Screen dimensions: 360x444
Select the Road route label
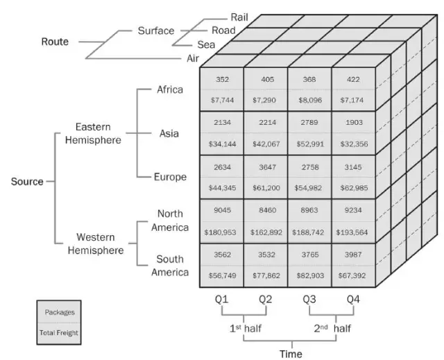coord(223,31)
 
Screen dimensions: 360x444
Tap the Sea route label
coord(207,44)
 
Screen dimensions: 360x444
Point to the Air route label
coord(193,58)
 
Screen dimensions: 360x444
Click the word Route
coord(55,42)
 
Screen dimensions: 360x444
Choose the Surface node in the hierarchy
coord(155,31)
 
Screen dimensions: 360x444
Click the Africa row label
coord(170,89)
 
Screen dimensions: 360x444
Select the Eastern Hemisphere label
coord(98,133)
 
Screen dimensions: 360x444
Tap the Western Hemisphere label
coord(100,243)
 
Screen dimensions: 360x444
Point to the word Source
coord(27,182)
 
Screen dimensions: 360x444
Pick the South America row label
coord(170,265)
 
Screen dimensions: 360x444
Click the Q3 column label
coord(310,300)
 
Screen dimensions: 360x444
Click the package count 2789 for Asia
coord(310,123)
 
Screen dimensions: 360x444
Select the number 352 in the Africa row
coord(222,79)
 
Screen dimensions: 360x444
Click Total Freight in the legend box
coord(59,334)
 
